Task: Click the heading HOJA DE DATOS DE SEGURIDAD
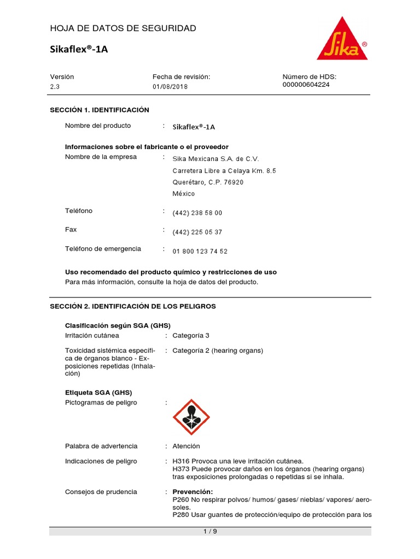[123, 28]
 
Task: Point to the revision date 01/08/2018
[170, 87]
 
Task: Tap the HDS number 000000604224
[306, 85]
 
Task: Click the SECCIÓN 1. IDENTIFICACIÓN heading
[100, 110]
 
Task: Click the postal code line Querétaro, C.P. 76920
[208, 182]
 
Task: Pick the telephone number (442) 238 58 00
[197, 213]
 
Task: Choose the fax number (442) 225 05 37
[197, 232]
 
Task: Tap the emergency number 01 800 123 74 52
[200, 251]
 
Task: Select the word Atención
[186, 446]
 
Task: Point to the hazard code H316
[180, 461]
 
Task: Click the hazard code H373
[180, 469]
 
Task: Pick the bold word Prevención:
[192, 491]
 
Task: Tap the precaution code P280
[180, 514]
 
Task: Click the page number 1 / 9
[210, 532]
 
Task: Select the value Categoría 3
[191, 335]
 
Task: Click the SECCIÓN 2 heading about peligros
[133, 306]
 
